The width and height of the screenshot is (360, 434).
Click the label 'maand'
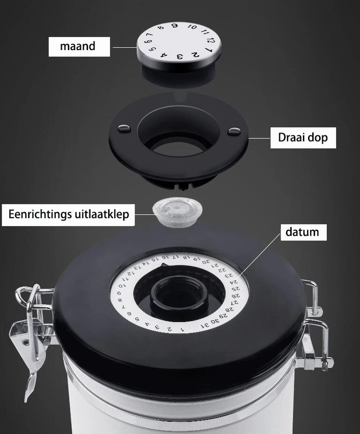click(x=77, y=46)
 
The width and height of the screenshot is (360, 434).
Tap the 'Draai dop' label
click(x=303, y=137)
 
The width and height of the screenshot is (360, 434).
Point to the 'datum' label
click(x=302, y=232)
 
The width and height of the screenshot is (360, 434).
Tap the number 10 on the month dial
click(x=192, y=27)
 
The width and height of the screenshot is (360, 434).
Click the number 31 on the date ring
click(x=205, y=324)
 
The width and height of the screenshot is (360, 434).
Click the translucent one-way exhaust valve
click(x=177, y=212)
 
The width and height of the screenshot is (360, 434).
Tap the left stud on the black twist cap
click(x=123, y=128)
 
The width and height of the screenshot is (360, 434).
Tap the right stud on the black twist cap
click(x=234, y=131)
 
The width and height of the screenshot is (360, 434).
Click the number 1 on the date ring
click(x=182, y=330)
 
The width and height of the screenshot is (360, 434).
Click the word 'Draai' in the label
click(x=290, y=137)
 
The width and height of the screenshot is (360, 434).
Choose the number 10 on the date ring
click(x=120, y=286)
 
